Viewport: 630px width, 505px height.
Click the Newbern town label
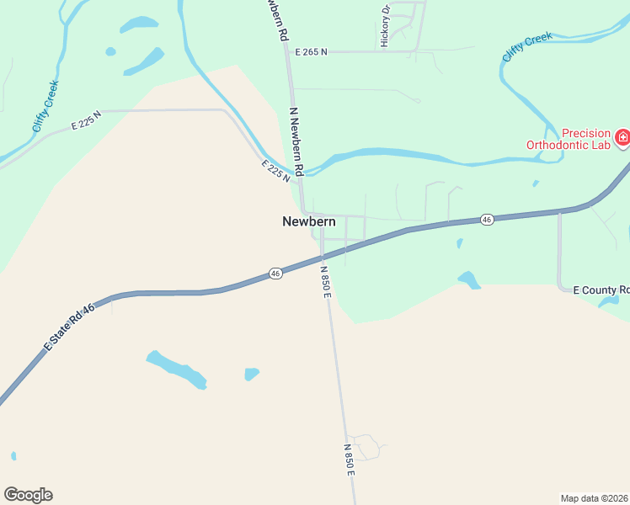click(x=308, y=222)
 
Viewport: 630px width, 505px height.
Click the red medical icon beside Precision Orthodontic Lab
click(x=622, y=137)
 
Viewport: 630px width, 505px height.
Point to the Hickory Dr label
click(x=385, y=26)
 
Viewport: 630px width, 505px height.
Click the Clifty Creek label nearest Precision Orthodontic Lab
click(x=527, y=46)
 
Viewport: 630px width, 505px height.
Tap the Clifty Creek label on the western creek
click(x=45, y=111)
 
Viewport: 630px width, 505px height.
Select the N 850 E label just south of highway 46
click(x=326, y=280)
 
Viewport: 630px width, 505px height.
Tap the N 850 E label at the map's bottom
click(x=349, y=460)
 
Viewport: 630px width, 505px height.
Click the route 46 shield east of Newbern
click(x=487, y=220)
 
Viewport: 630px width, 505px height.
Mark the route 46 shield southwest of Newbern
click(x=275, y=274)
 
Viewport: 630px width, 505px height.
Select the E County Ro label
click(x=601, y=290)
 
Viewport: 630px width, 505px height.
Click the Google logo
click(x=28, y=495)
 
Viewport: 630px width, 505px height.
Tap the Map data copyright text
click(x=595, y=497)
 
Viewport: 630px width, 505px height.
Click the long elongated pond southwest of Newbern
click(x=176, y=369)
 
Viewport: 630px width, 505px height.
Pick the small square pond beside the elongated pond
click(x=251, y=374)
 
